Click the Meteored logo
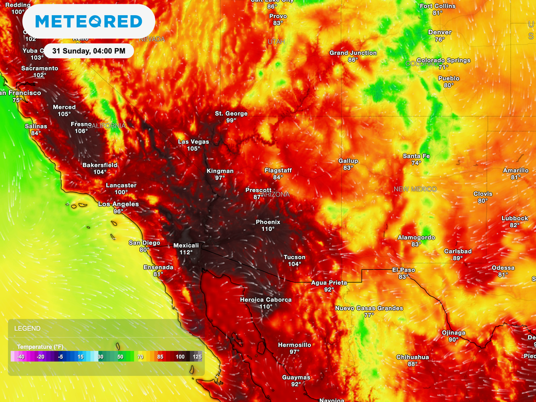click(88, 21)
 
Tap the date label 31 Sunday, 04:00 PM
click(88, 51)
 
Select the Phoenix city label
click(268, 222)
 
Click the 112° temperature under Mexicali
click(186, 252)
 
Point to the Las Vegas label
click(193, 142)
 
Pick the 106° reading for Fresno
click(81, 131)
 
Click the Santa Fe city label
click(416, 156)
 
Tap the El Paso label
click(404, 270)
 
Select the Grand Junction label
click(353, 53)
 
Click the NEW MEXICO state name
click(415, 188)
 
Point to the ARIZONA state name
click(274, 194)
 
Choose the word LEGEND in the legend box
click(27, 328)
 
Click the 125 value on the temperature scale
click(196, 356)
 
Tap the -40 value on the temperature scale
click(20, 356)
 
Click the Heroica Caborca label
click(265, 299)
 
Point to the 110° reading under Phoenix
click(268, 229)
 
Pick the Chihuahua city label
click(412, 357)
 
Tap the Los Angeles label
click(119, 204)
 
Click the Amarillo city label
click(516, 170)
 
